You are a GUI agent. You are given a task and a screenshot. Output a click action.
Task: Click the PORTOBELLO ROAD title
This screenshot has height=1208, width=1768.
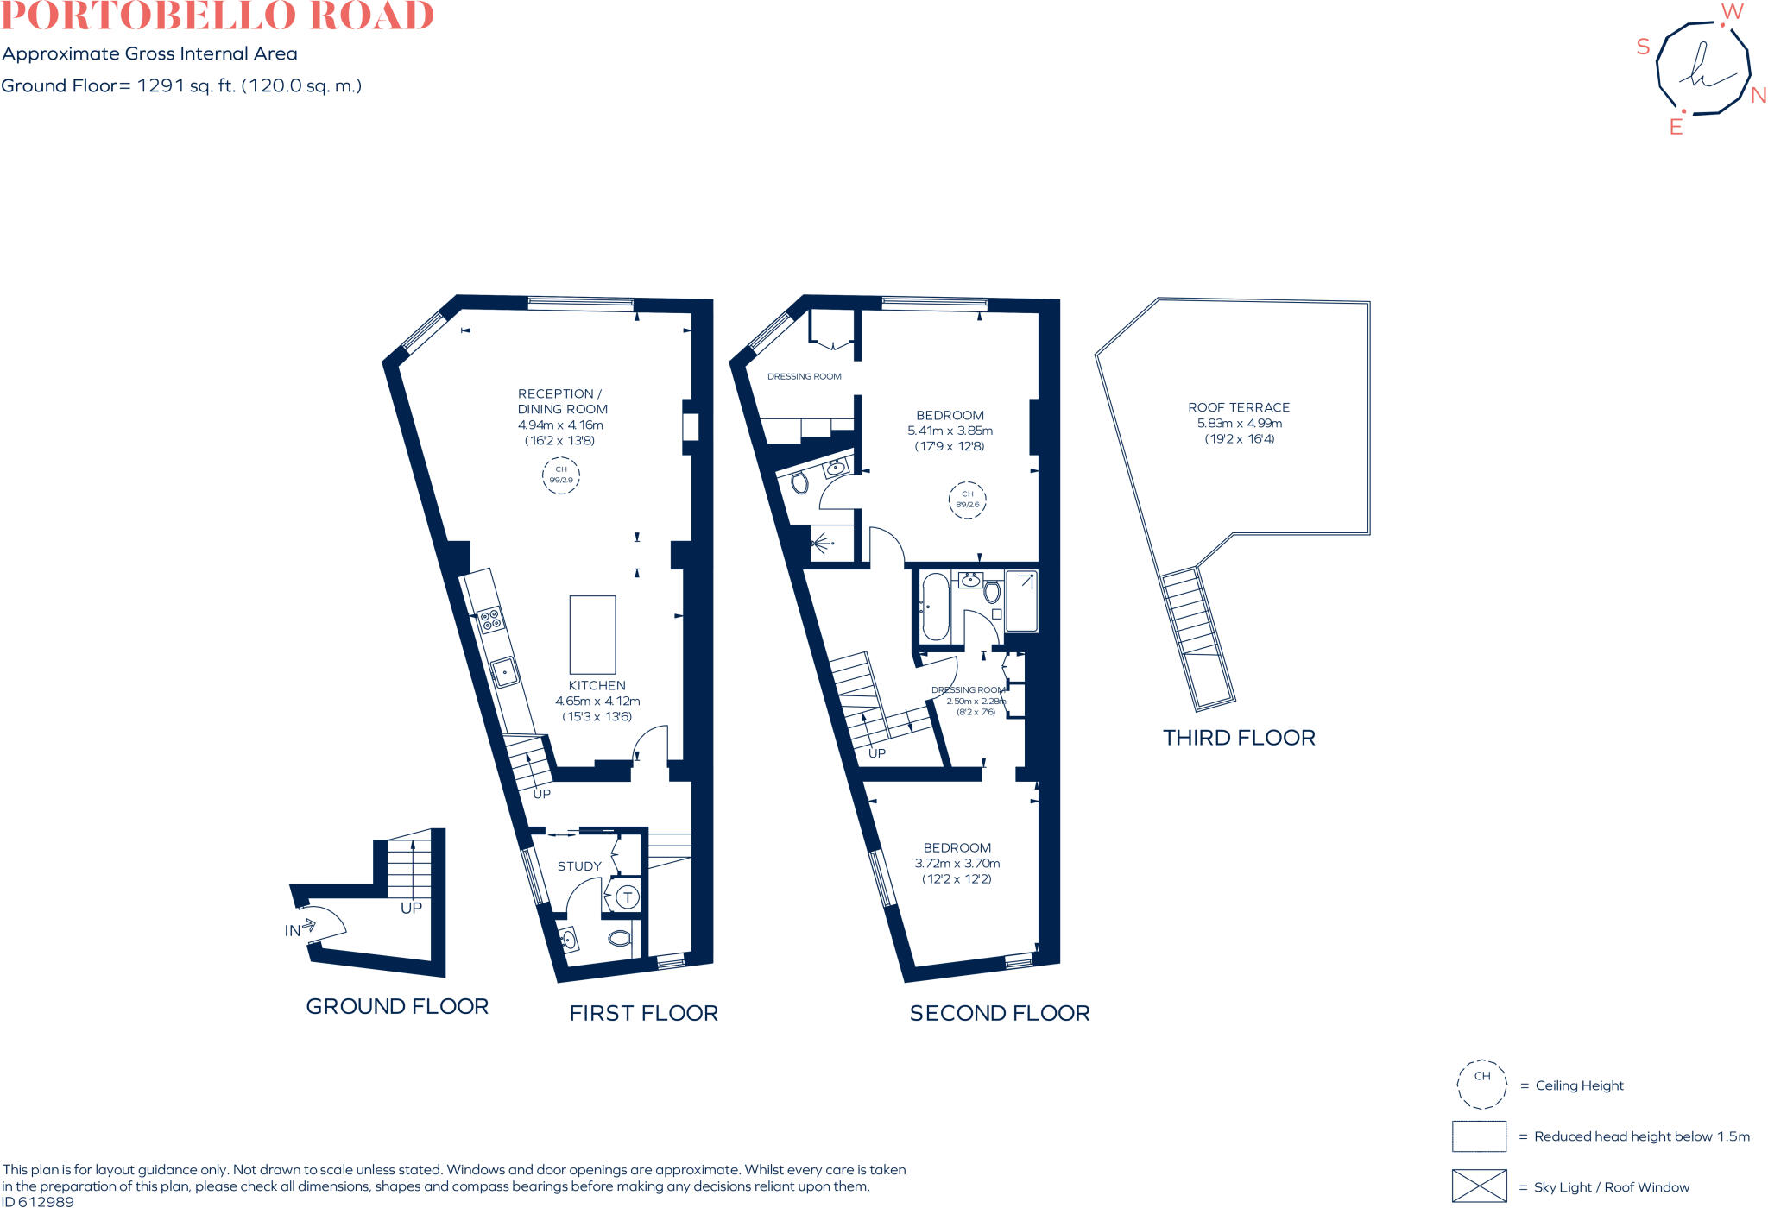click(217, 16)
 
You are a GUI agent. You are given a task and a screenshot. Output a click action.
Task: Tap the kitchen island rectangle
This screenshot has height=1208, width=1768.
click(592, 634)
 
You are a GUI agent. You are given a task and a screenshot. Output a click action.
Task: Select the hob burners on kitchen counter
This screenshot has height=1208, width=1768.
click(490, 619)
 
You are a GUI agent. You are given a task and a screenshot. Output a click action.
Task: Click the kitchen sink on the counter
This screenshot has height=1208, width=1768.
click(504, 671)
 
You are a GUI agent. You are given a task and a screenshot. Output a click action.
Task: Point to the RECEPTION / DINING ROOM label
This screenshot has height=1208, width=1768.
click(562, 401)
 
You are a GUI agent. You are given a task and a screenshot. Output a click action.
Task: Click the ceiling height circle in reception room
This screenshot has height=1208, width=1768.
click(560, 475)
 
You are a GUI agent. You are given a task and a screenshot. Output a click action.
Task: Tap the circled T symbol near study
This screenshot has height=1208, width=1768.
click(628, 897)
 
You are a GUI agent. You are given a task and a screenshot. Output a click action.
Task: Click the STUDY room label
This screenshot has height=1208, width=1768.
click(579, 866)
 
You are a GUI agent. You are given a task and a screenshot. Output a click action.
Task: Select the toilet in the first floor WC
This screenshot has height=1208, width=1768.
click(620, 938)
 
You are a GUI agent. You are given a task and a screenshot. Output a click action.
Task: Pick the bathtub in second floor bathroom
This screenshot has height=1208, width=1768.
click(935, 607)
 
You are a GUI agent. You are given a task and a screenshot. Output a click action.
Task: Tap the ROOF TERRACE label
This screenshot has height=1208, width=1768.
click(1238, 407)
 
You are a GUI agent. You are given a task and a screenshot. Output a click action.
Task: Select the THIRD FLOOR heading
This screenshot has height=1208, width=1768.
click(1239, 738)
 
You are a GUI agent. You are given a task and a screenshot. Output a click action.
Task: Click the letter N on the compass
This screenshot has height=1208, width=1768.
click(1758, 96)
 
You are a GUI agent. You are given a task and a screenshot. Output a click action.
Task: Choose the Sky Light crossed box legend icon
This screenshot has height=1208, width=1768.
click(1479, 1186)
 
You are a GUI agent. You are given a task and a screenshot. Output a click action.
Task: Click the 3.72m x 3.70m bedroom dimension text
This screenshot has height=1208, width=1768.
click(957, 863)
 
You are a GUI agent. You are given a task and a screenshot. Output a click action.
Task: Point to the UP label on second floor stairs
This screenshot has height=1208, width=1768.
click(877, 753)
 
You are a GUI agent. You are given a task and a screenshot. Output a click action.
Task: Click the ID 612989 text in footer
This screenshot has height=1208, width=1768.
click(38, 1201)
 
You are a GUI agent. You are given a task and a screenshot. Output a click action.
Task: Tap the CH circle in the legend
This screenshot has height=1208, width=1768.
click(1481, 1085)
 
